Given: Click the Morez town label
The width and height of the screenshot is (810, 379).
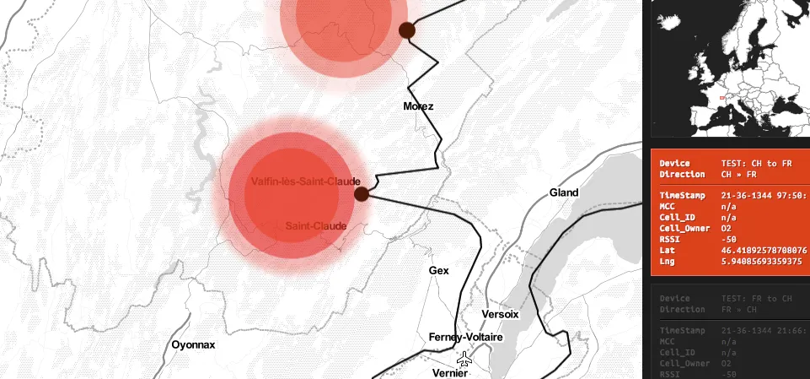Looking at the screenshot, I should (418, 106).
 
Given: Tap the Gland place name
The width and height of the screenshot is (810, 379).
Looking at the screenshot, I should (564, 192).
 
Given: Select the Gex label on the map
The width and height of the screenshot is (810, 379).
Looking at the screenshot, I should (438, 271).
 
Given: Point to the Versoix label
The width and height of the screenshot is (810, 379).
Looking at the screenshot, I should (500, 314).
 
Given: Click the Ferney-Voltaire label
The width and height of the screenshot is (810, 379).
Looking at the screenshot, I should (465, 338).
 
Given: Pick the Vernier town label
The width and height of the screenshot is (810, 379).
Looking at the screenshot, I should (449, 372).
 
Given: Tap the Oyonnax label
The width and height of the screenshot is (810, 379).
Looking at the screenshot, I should (194, 344).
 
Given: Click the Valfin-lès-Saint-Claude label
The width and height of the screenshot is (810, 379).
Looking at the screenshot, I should (306, 181).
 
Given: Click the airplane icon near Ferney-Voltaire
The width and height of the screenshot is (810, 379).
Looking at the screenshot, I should (464, 358).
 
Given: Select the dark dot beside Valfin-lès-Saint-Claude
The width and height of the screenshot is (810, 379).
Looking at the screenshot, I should (362, 194).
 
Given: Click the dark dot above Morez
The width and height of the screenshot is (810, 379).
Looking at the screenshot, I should (407, 31).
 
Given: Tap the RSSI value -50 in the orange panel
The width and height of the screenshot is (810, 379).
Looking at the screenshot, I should (730, 240).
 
